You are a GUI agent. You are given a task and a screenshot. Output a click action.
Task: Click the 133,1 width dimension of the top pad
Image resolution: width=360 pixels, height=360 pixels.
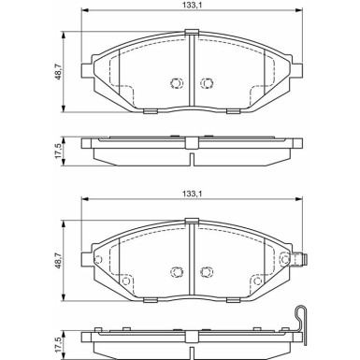(193, 4)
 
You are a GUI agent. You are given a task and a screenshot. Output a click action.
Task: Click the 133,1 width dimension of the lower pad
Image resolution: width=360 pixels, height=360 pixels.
(193, 194)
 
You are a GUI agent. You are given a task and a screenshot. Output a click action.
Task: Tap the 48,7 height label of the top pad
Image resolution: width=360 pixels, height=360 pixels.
(58, 71)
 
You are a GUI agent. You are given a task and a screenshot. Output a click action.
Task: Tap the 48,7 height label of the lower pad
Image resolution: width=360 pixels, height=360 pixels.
(58, 261)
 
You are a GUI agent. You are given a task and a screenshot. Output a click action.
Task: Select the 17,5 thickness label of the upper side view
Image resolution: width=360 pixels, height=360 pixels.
(58, 151)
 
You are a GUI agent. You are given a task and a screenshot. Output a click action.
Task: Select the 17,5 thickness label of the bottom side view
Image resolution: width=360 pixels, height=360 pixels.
(58, 345)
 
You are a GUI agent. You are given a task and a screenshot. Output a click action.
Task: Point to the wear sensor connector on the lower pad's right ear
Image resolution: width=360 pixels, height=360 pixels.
(301, 259)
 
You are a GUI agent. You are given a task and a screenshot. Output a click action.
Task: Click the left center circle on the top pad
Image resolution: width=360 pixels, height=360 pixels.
(177, 83)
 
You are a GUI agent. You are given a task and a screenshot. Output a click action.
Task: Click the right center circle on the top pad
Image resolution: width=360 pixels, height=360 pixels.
(207, 83)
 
